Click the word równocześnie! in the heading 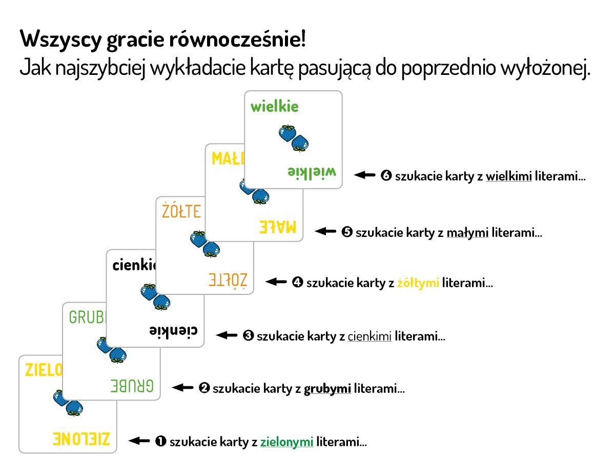237,39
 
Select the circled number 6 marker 386,175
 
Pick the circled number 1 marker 161,441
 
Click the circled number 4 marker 297,282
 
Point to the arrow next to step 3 227,335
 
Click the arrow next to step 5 325,231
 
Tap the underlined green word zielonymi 286,442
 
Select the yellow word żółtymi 418,283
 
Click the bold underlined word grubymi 327,388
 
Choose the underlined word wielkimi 509,176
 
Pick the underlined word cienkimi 370,336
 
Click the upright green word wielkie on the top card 275,107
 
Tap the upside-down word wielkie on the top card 312,172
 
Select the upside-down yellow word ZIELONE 81,439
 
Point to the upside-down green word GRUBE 132,386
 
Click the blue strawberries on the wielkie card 294,138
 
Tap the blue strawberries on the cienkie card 155,297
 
